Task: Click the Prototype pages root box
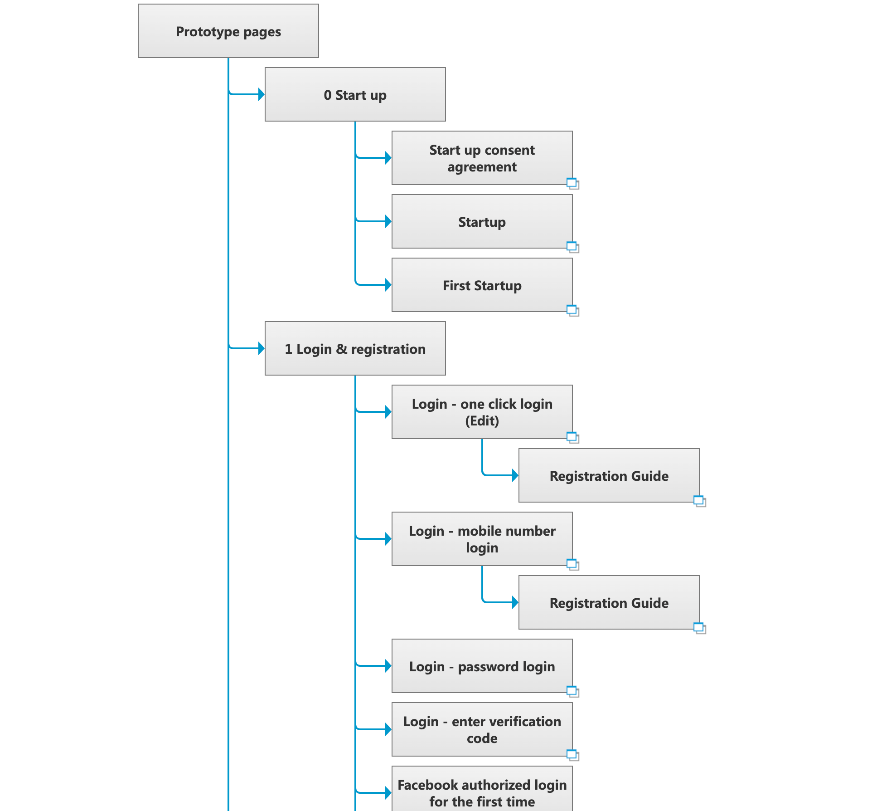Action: pos(228,31)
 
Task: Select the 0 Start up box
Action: pos(355,94)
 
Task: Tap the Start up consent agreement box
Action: pos(482,158)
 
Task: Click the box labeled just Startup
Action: pos(482,221)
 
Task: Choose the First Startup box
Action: pos(482,285)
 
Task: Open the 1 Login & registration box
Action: pos(355,348)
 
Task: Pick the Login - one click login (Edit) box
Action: pos(482,412)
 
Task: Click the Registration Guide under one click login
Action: pos(609,475)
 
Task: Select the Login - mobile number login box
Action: pos(482,539)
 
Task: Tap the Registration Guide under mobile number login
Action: pos(609,602)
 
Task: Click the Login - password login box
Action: pos(482,666)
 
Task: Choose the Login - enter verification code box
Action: pos(482,729)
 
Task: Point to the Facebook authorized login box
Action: pos(482,789)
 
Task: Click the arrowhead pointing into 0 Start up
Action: pos(262,94)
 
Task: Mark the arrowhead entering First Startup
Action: pos(388,285)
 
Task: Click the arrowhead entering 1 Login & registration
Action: pos(262,348)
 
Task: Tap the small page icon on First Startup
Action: pos(573,311)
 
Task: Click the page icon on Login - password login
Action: pos(573,692)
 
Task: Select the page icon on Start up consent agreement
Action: pos(573,184)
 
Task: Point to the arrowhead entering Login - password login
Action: pos(388,666)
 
